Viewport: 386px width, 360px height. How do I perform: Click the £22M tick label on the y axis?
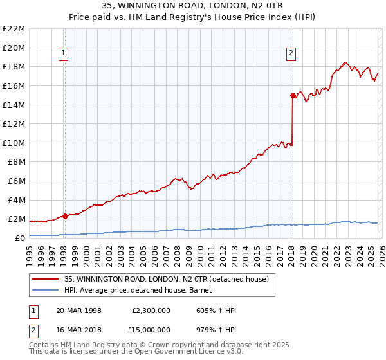[14, 29]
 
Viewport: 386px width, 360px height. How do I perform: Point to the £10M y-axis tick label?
[14, 143]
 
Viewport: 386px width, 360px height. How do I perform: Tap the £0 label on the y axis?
[19, 238]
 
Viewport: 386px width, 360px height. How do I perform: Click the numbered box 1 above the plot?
[64, 53]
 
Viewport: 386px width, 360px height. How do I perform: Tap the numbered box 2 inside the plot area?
[291, 53]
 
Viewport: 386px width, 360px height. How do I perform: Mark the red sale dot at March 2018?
[293, 95]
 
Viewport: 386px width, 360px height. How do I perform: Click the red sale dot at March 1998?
[65, 217]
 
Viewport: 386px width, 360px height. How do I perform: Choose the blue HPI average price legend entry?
[142, 290]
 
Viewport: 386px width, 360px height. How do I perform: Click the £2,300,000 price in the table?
[151, 310]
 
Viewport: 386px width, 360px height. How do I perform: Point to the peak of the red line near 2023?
[345, 62]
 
